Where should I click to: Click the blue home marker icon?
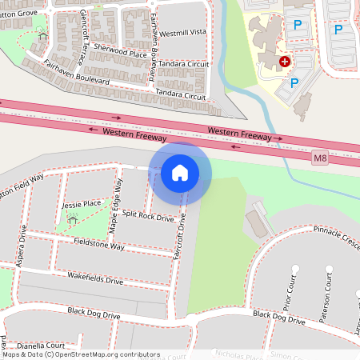click(x=180, y=172)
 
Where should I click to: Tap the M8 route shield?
click(x=320, y=158)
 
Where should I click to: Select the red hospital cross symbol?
click(x=284, y=62)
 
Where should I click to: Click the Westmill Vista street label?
click(x=182, y=33)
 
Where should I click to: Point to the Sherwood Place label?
click(x=121, y=53)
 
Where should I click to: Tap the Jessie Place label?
click(x=81, y=204)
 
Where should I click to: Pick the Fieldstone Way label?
click(x=99, y=244)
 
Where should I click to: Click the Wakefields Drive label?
click(x=95, y=280)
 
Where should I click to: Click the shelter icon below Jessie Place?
click(x=73, y=219)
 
